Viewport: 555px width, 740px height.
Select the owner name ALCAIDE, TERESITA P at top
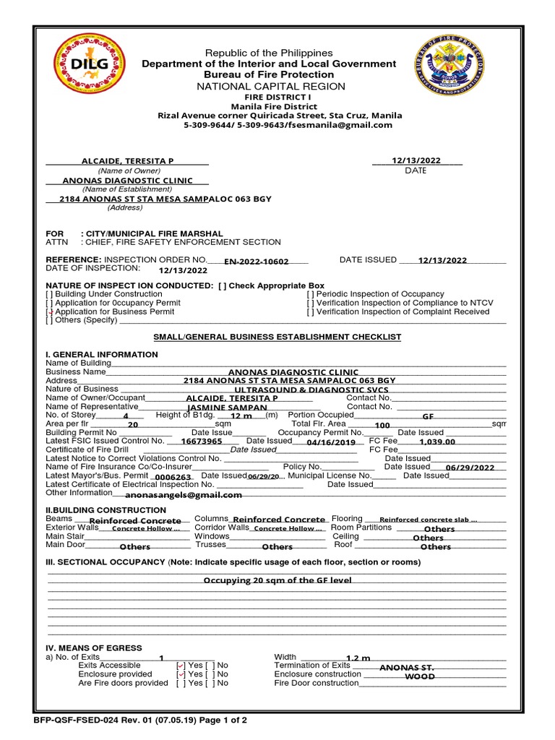click(x=127, y=160)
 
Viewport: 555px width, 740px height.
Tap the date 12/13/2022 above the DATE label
click(x=416, y=160)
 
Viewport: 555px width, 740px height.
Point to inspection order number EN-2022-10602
click(x=256, y=262)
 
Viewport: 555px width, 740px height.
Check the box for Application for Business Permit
click(x=49, y=312)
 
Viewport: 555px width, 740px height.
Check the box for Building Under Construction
click(x=49, y=294)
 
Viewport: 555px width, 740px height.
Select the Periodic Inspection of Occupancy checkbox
click(x=310, y=294)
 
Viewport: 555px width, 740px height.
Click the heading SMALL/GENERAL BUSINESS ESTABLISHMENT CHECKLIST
click(x=277, y=337)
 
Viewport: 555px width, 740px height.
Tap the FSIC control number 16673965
click(x=202, y=441)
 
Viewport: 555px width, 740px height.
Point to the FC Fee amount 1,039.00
click(x=437, y=441)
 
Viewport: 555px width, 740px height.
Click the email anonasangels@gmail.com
click(x=184, y=495)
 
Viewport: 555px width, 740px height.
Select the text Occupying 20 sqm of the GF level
click(x=277, y=580)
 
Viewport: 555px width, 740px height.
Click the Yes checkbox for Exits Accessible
click(x=181, y=666)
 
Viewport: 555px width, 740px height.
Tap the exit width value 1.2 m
click(x=358, y=658)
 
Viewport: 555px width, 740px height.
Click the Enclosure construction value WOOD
click(x=420, y=677)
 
